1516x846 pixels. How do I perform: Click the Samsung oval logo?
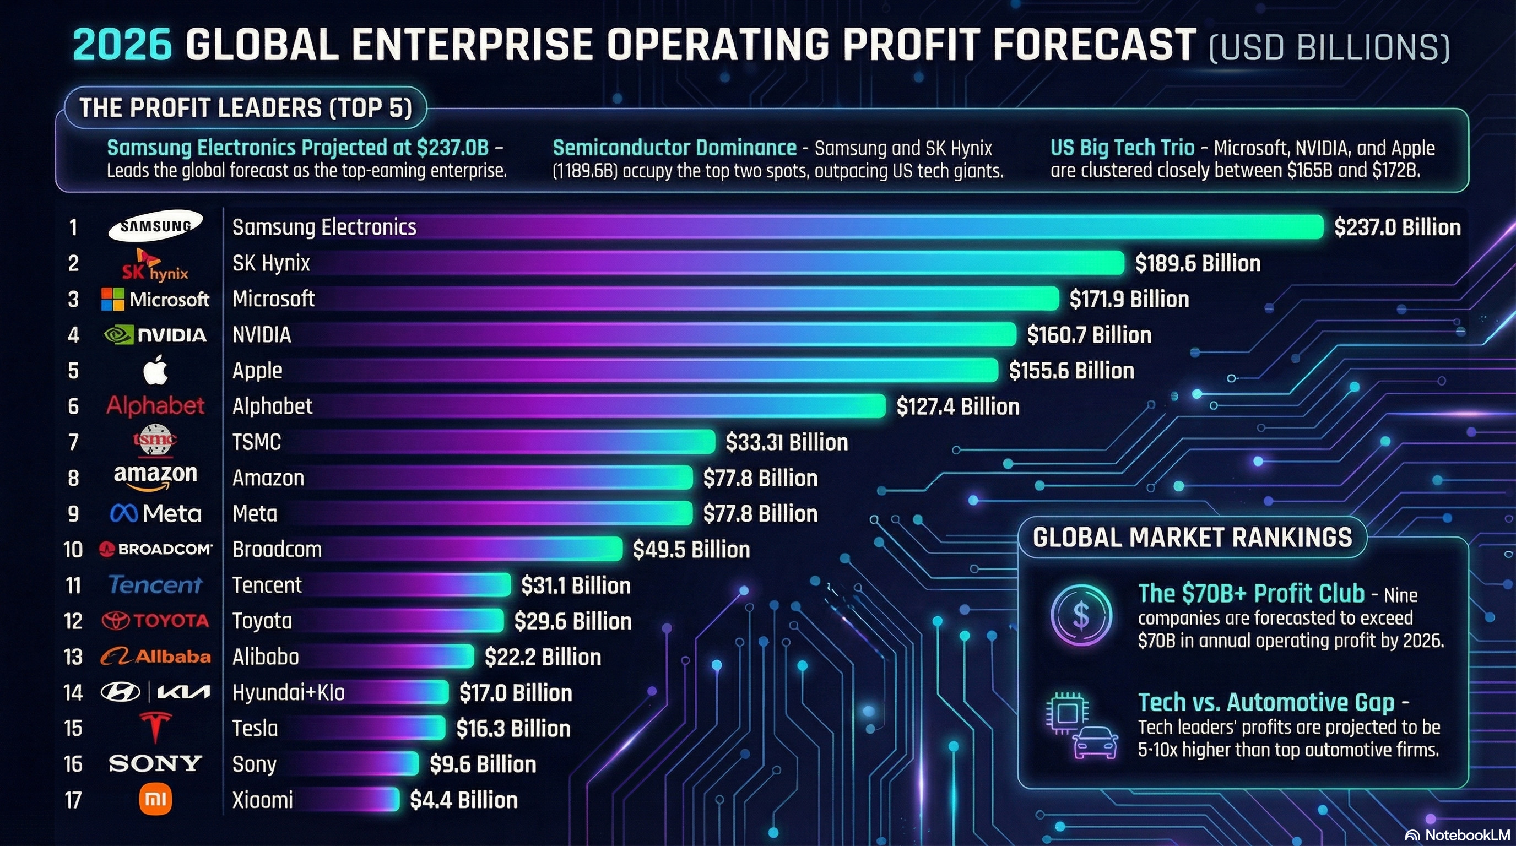coord(155,226)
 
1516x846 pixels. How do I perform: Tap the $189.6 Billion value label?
coord(1197,263)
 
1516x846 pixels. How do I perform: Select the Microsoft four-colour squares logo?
coord(112,299)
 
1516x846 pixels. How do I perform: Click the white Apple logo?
coord(155,371)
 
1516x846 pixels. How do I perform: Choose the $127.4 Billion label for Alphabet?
coord(957,406)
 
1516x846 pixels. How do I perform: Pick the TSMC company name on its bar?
coord(257,442)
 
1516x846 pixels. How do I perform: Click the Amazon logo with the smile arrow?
coord(155,476)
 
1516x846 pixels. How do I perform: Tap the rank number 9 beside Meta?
coord(73,513)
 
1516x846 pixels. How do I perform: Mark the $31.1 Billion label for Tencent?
coord(576,585)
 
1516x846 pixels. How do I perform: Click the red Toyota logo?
coord(155,621)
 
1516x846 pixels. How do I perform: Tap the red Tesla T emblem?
coord(155,727)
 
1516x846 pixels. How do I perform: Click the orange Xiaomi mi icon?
coord(155,799)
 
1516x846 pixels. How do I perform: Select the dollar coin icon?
coord(1081,615)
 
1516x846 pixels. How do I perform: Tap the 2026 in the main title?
coord(122,45)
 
